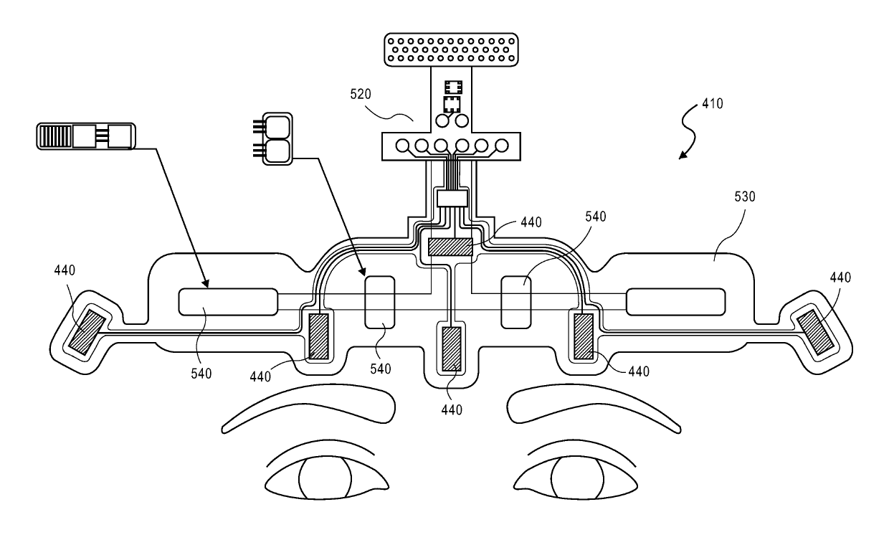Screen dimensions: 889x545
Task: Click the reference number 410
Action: point(713,104)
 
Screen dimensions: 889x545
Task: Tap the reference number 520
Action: point(361,94)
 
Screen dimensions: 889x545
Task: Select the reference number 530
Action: point(744,196)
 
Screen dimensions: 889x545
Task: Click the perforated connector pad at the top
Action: point(451,49)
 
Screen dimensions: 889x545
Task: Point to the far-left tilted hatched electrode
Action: point(87,332)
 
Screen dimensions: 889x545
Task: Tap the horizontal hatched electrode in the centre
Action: point(450,247)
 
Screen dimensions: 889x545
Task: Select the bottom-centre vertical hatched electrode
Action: point(452,349)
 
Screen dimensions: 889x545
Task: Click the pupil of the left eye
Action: point(325,478)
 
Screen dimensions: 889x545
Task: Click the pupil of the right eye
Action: point(577,478)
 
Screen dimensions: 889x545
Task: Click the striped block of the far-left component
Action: point(56,136)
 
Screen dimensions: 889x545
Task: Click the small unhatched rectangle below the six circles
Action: point(452,198)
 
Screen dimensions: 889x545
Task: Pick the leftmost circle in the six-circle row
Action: point(402,146)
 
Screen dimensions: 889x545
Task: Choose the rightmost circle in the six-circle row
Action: point(502,146)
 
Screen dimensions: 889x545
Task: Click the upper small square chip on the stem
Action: point(453,87)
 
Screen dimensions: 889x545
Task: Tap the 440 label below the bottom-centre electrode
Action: point(452,409)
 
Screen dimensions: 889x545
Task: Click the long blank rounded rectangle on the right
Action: point(676,302)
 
